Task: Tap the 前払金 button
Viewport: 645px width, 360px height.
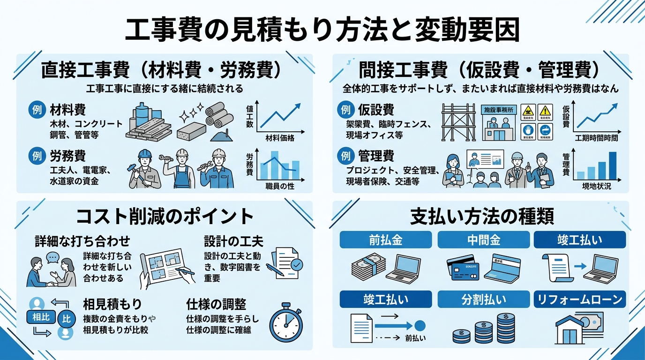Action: pyautogui.click(x=385, y=240)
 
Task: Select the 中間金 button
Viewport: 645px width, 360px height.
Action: pyautogui.click(x=484, y=240)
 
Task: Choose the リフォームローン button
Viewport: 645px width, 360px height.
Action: pyautogui.click(x=580, y=299)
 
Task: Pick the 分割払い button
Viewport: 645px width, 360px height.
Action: pyautogui.click(x=484, y=299)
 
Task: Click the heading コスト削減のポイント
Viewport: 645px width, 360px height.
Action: pyautogui.click(x=165, y=217)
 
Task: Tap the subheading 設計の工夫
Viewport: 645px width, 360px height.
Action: pyautogui.click(x=233, y=241)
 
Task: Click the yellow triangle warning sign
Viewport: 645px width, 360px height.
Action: pyautogui.click(x=545, y=111)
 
